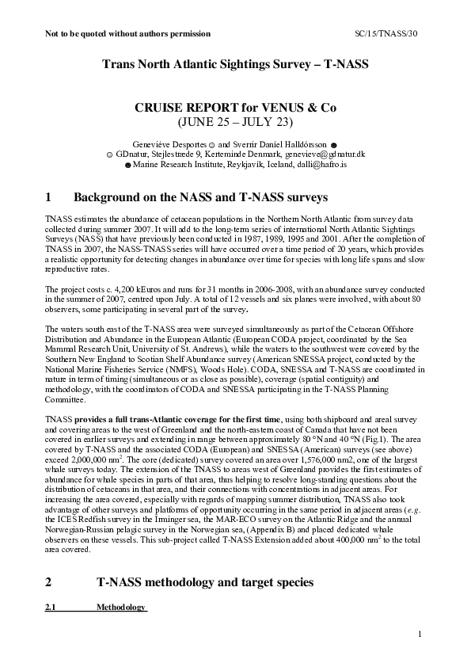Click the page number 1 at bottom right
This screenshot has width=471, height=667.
tap(420, 633)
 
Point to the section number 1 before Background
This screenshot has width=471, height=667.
tap(49, 196)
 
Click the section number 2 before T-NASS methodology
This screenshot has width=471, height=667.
tap(49, 581)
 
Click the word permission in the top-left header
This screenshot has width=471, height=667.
tap(188, 34)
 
